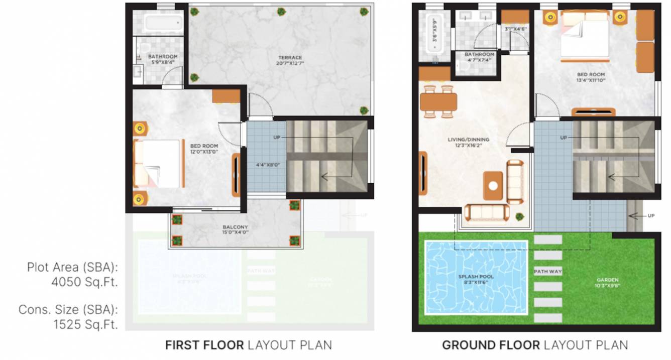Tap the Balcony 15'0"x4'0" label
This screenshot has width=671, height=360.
click(235, 229)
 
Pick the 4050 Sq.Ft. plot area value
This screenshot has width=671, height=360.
click(84, 282)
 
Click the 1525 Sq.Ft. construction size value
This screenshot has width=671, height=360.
click(86, 324)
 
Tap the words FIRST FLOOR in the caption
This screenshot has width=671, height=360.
click(204, 345)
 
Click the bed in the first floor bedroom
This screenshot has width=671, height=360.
click(159, 164)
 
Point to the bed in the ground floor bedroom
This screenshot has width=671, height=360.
click(586, 35)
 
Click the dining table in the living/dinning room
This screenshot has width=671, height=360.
click(438, 102)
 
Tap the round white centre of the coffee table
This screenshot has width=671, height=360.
click(493, 185)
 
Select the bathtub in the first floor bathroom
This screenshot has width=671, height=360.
click(163, 23)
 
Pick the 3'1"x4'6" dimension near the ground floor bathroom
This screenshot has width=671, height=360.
click(515, 29)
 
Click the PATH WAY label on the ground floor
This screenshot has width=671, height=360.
click(547, 272)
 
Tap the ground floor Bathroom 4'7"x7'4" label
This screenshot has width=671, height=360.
click(479, 57)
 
